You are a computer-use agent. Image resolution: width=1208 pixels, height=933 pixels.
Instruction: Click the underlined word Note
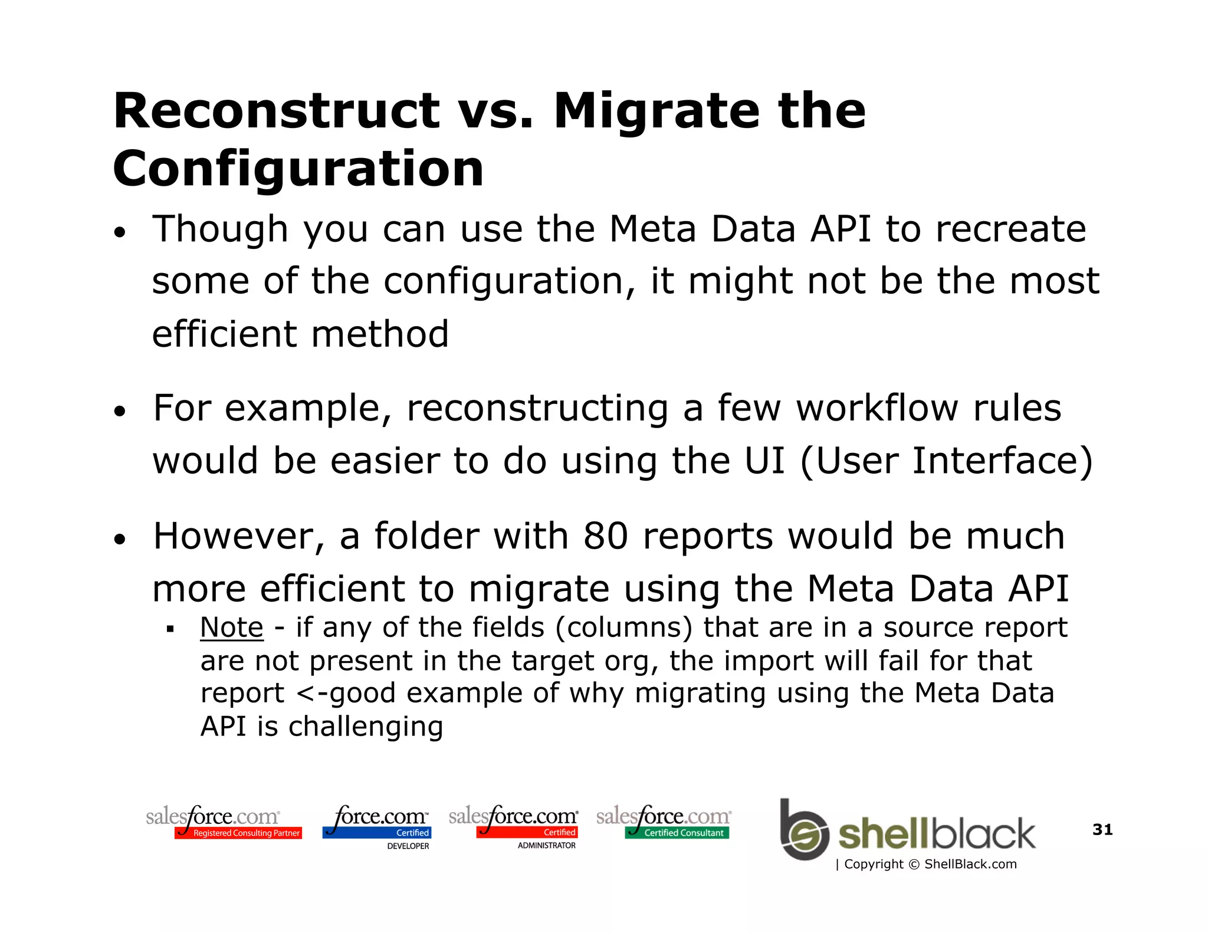point(231,627)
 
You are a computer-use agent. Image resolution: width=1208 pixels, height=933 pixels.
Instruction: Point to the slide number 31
point(1102,829)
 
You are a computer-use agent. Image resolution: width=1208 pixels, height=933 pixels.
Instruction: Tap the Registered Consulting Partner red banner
point(238,833)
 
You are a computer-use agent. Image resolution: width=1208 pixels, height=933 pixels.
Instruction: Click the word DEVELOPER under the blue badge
point(408,846)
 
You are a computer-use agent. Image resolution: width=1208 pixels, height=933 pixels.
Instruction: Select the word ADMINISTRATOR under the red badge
point(546,845)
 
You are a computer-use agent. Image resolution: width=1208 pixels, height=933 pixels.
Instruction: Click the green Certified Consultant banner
point(677,833)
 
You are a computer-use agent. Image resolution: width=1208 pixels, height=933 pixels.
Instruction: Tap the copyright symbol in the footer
point(914,865)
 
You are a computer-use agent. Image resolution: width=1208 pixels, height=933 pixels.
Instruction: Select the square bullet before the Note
point(170,629)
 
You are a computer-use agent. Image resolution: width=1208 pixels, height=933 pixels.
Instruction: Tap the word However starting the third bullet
point(238,536)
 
